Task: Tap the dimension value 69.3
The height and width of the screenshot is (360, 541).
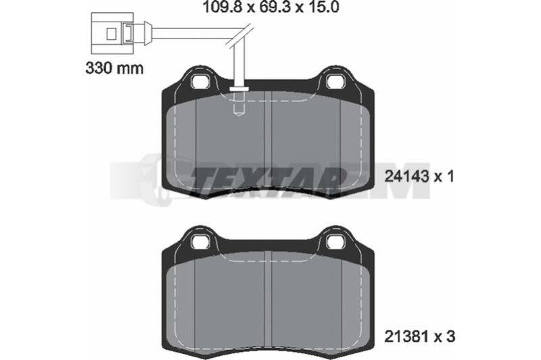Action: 274,7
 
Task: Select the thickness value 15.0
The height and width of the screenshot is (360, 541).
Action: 323,7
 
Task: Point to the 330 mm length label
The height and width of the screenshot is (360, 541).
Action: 114,68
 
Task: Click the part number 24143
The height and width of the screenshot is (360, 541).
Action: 406,177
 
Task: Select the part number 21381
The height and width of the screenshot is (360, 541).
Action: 406,336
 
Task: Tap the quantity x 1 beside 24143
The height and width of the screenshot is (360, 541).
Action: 444,177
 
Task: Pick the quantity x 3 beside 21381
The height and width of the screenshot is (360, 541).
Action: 445,336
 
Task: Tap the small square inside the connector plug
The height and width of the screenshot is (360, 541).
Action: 111,34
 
